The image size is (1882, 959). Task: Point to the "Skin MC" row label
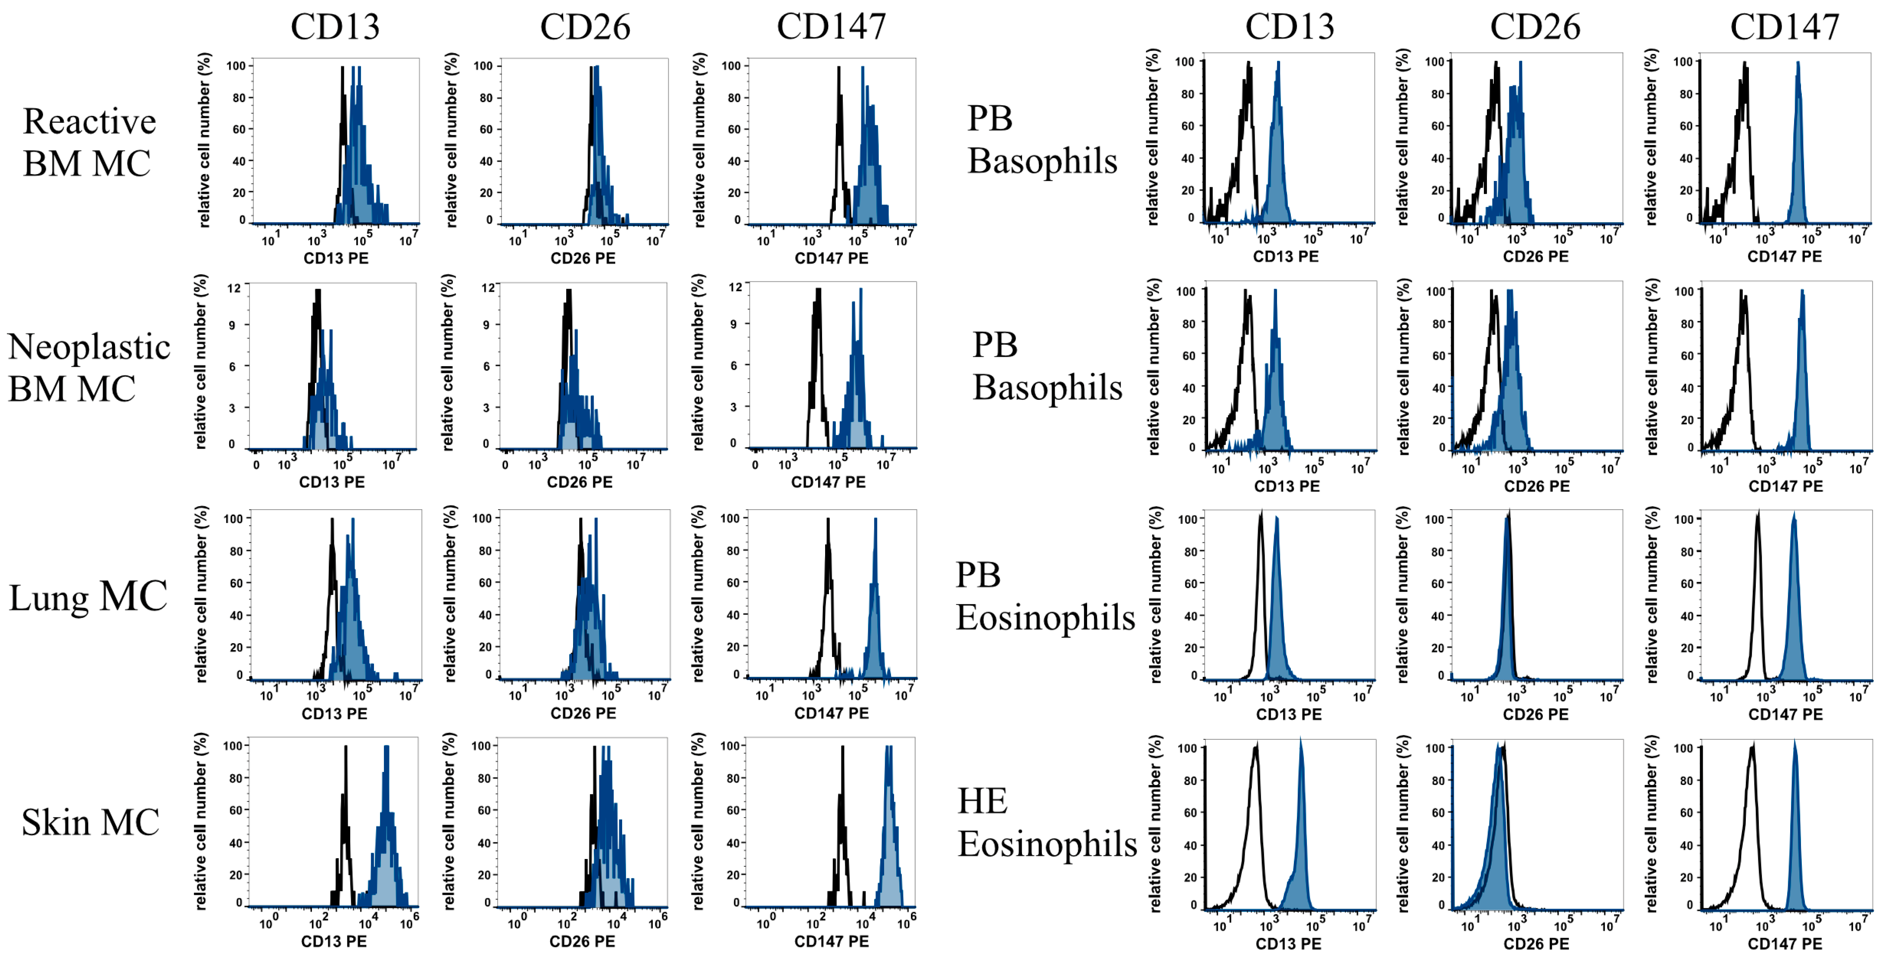tap(90, 822)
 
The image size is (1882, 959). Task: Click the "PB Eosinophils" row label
tap(1045, 596)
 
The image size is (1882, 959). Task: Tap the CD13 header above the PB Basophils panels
tap(1290, 27)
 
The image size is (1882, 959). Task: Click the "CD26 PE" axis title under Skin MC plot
tap(582, 941)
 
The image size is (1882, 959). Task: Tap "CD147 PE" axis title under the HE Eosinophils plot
tap(1784, 943)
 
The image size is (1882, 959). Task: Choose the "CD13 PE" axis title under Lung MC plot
tap(335, 713)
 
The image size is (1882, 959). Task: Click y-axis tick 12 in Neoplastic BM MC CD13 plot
tap(234, 289)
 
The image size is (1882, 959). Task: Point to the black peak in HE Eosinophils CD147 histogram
tap(1752, 749)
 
